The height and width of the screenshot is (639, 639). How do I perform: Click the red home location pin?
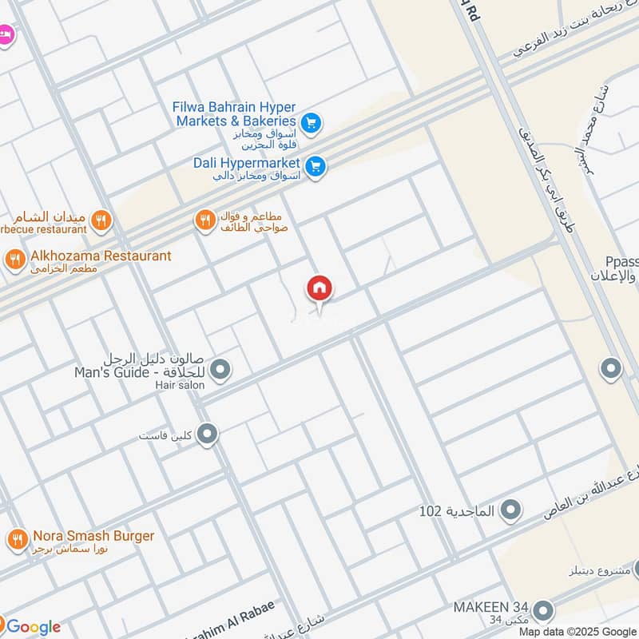[x=319, y=288]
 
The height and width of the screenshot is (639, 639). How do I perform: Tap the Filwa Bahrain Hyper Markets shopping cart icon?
[x=312, y=122]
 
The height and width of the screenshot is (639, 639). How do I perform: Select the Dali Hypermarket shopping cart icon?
[x=316, y=166]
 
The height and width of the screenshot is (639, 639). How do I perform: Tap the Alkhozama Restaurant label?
[x=100, y=256]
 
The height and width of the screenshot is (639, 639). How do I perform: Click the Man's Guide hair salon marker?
[x=221, y=369]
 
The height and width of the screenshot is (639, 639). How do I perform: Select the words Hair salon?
[x=181, y=385]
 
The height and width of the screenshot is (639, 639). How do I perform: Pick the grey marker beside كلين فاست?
[x=208, y=435]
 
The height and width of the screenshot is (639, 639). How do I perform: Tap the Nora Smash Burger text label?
[x=93, y=536]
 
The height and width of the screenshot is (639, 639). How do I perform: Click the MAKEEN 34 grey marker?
[x=543, y=611]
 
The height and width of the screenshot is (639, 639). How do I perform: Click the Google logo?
[x=33, y=627]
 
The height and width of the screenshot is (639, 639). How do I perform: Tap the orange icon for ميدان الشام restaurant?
[x=100, y=220]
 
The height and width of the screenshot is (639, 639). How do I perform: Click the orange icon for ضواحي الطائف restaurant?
[x=206, y=220]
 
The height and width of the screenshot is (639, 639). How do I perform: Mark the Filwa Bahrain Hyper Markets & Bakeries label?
[x=235, y=113]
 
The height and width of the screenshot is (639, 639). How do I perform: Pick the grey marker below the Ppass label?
[x=611, y=369]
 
